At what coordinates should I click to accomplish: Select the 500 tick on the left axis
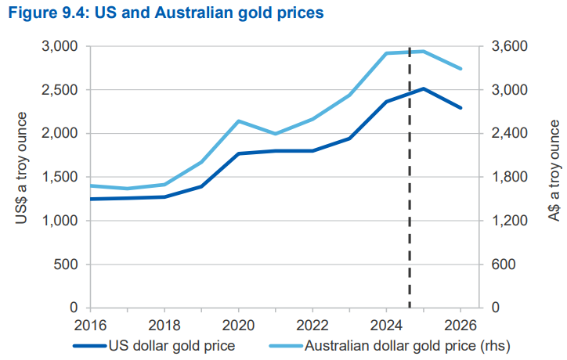pyautogui.click(x=66, y=265)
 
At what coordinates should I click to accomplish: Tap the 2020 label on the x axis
pyautogui.click(x=238, y=325)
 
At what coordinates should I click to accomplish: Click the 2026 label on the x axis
pyautogui.click(x=460, y=325)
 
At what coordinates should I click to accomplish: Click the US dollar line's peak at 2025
pyautogui.click(x=423, y=88)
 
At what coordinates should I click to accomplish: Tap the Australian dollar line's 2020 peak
pyautogui.click(x=238, y=121)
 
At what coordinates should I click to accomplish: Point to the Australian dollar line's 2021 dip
pyautogui.click(x=275, y=134)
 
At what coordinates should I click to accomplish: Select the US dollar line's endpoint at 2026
pyautogui.click(x=460, y=108)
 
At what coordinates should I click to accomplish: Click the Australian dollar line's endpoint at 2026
pyautogui.click(x=460, y=69)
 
